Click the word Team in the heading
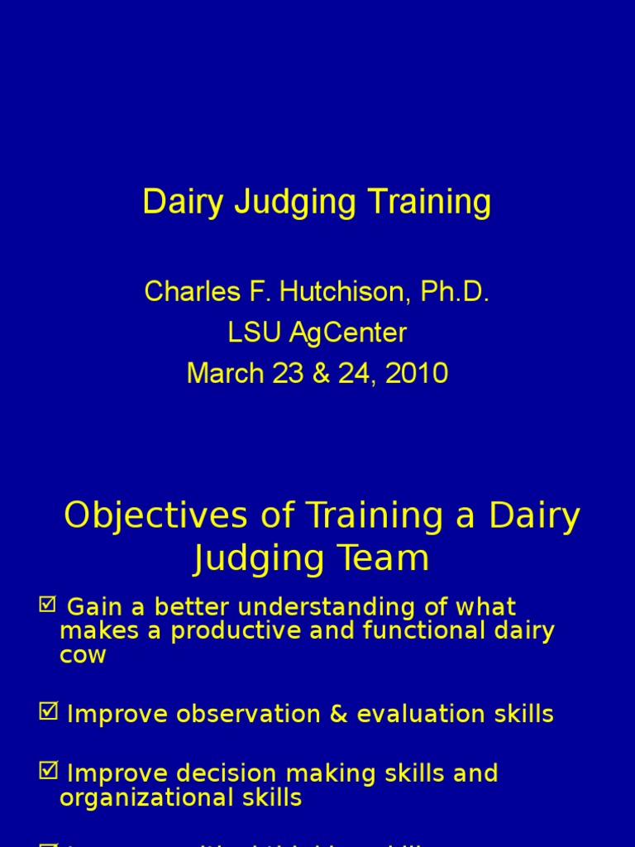[389, 559]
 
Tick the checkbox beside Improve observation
[48, 712]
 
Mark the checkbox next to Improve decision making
[48, 772]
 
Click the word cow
[83, 656]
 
